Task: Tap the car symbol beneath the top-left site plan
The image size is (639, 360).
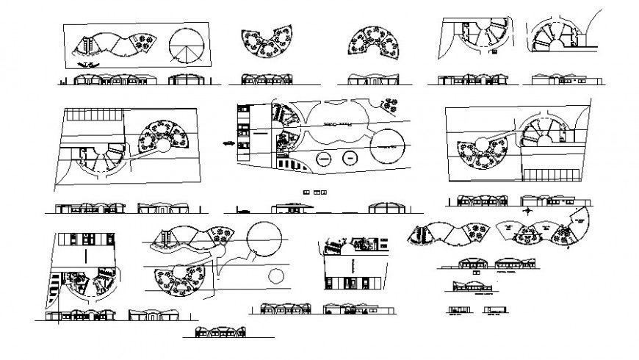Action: coord(87,65)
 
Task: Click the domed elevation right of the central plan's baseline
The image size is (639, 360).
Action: coord(385,207)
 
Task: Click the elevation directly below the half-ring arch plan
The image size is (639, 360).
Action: coord(372,79)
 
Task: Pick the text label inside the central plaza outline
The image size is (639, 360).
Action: coord(337,127)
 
